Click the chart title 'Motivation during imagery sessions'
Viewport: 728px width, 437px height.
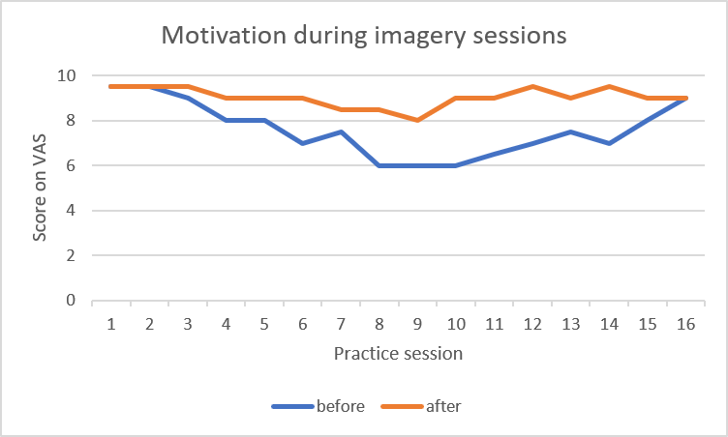[363, 36]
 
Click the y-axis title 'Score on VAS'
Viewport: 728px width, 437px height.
[40, 188]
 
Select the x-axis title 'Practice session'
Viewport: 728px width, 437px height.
[398, 353]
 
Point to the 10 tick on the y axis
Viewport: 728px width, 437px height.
[68, 75]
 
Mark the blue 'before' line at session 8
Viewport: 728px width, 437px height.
[379, 165]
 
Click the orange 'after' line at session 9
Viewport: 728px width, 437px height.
[417, 120]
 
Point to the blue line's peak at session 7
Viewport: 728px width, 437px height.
[341, 131]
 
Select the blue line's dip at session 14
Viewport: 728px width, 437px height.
[608, 143]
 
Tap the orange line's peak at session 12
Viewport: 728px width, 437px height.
[531, 87]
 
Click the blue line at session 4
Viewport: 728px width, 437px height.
[226, 120]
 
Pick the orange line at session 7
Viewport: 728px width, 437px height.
[341, 109]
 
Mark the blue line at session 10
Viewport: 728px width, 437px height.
[455, 165]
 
